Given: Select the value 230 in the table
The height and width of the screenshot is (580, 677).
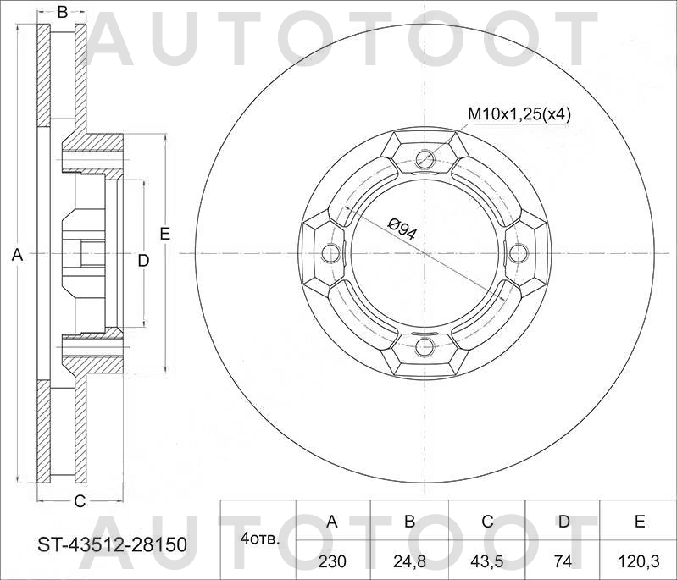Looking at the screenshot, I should click(x=333, y=561).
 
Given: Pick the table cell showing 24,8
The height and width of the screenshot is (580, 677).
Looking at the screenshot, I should click(x=409, y=561).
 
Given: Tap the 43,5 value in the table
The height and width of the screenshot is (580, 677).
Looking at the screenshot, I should click(x=486, y=561).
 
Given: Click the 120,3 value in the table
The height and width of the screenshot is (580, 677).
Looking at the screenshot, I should click(x=640, y=561).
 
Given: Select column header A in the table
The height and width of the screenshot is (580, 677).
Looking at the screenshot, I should click(x=333, y=522).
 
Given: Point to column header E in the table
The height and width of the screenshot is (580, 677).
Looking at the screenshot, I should click(x=640, y=522).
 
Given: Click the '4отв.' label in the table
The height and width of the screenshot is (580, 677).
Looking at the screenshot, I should click(x=260, y=539).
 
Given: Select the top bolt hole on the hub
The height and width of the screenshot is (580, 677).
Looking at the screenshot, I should click(x=425, y=158).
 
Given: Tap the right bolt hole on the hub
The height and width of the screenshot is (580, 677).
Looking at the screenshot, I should click(x=519, y=252).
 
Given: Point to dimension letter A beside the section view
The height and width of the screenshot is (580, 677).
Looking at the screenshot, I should click(x=17, y=254).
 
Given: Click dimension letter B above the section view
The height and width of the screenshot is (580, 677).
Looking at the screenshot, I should click(x=62, y=12).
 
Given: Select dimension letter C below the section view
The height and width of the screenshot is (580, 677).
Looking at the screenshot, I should click(x=79, y=501).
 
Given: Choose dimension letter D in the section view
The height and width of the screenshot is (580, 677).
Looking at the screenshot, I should click(x=143, y=260).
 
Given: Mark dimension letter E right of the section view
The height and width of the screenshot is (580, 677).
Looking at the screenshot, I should click(x=165, y=234).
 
